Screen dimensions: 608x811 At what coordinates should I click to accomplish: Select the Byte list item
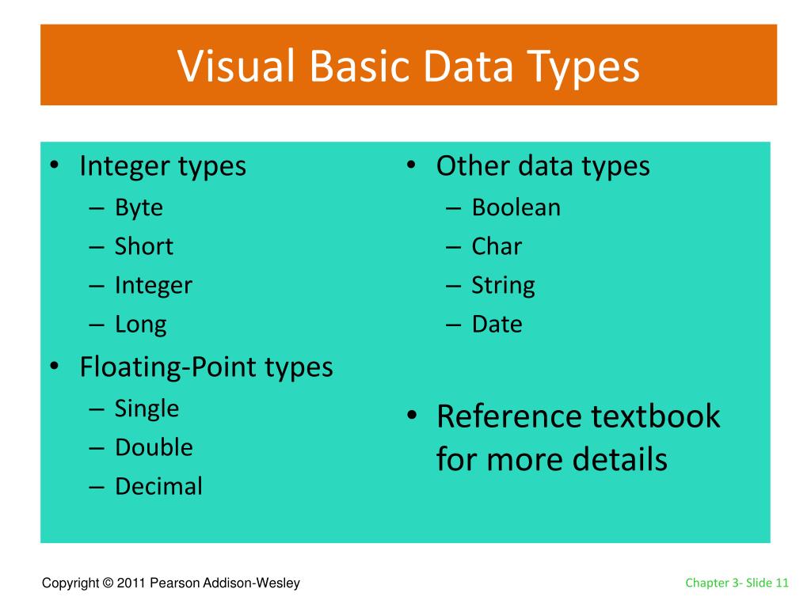point(139,208)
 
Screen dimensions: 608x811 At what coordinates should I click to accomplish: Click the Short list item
point(143,246)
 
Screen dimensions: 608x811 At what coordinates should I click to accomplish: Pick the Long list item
point(140,325)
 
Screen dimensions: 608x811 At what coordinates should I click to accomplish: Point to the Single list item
point(147,409)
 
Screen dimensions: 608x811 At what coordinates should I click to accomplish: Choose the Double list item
point(154,447)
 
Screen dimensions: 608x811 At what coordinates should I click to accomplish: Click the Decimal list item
point(158,486)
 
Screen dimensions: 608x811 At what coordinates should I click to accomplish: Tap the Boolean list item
point(516,207)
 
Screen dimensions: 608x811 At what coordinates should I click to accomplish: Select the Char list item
point(497,246)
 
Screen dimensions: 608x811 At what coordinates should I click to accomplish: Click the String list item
point(503,286)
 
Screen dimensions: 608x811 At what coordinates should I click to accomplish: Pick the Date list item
point(497,325)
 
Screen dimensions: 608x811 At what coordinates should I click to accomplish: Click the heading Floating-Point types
point(206,367)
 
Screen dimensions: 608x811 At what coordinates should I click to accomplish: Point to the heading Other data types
point(543,166)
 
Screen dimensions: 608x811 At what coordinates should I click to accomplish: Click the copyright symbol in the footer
point(107,583)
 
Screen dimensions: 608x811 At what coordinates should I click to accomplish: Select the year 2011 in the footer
point(129,583)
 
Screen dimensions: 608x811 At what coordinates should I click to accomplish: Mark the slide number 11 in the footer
point(782,583)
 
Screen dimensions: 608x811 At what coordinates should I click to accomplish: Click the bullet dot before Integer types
point(54,167)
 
